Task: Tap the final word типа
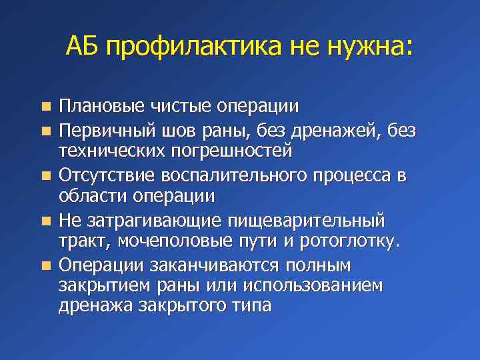[249, 306]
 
